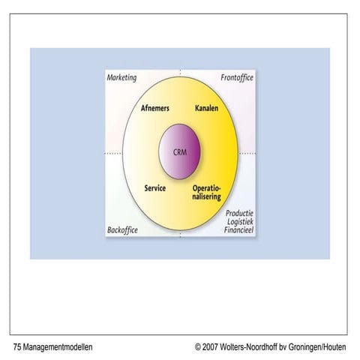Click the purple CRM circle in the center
[x=179, y=151]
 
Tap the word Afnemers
[x=155, y=108]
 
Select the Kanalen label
[x=206, y=108]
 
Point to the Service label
[x=155, y=188]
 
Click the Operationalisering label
[x=207, y=193]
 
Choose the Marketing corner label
[x=121, y=78]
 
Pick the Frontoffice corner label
[x=237, y=77]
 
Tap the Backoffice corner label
[x=122, y=230]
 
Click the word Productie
[x=239, y=213]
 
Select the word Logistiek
[x=240, y=221]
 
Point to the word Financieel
[x=238, y=229]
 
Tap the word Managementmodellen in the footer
[x=58, y=347]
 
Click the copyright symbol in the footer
[x=198, y=347]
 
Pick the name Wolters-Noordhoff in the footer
[x=248, y=347]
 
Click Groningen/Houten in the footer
[x=317, y=347]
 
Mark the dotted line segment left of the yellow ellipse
[x=113, y=153]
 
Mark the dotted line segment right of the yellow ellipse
[x=247, y=153]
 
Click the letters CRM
[x=180, y=152]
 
